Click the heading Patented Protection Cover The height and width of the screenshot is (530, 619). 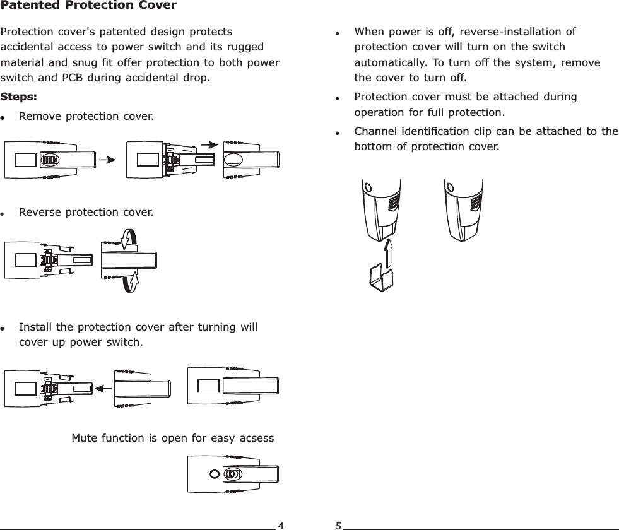point(88,6)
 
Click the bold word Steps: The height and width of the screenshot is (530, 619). point(19,98)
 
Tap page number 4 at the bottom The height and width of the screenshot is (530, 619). point(281,525)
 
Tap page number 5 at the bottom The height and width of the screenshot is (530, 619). point(338,525)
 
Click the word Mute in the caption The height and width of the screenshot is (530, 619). point(85,438)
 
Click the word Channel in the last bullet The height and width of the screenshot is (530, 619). point(375,131)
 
